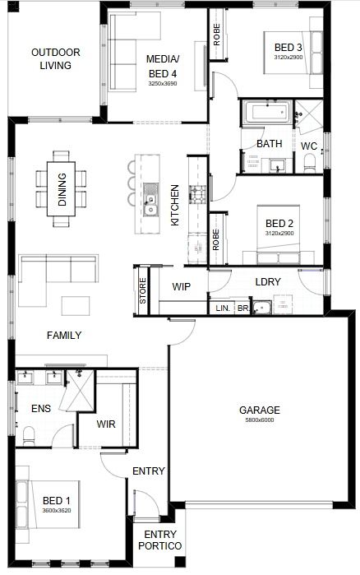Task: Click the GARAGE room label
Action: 259,410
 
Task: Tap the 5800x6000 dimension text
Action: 260,420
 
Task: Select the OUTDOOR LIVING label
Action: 56,58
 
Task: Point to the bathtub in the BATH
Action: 269,112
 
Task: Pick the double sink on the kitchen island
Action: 150,199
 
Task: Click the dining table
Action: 61,189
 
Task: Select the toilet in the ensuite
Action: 29,436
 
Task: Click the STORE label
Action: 143,290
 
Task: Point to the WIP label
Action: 182,286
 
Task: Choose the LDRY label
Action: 268,281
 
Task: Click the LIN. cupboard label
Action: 223,308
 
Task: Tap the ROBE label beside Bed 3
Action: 217,35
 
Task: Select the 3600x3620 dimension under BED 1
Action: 57,511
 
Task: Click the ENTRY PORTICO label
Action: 160,540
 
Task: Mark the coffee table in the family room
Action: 76,306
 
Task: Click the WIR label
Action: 106,424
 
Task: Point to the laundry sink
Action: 262,308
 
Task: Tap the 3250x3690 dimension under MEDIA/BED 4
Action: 163,83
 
